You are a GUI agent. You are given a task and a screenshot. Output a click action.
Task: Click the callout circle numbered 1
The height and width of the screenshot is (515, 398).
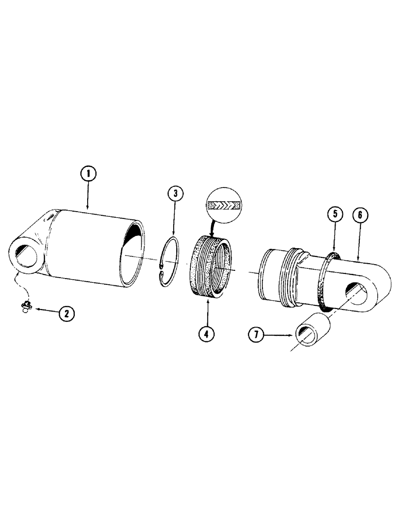pos(88,174)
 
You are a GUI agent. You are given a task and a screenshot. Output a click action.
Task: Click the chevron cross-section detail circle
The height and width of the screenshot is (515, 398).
pos(222,205)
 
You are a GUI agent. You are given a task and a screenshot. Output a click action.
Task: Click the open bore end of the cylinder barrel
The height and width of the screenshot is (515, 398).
pos(133,251)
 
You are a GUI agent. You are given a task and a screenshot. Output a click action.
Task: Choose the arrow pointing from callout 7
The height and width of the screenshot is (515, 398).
pos(281,336)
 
